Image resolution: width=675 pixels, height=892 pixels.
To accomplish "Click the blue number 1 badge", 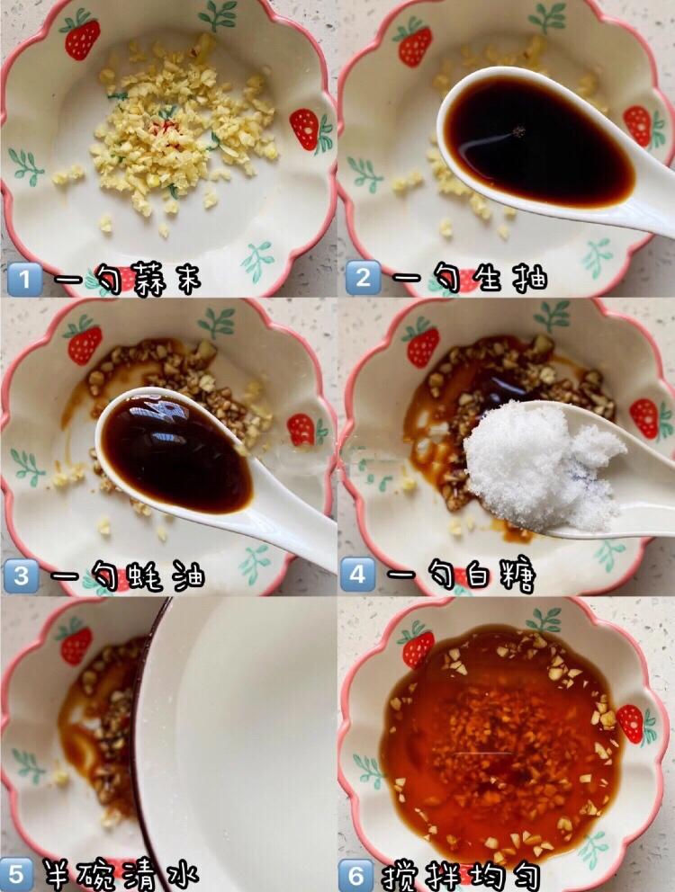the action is [24, 280].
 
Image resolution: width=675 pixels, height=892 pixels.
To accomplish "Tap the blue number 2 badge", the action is [363, 278].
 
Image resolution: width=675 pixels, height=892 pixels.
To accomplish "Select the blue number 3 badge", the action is [21, 576].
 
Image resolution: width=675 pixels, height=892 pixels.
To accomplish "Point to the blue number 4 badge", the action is [357, 575].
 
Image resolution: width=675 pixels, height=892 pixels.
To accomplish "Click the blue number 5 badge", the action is [16, 874].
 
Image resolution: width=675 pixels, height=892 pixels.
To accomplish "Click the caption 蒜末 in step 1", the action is [166, 280].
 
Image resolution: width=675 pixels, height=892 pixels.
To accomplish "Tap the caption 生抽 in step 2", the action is [511, 278].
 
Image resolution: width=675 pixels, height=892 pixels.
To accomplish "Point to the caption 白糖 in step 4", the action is [500, 575].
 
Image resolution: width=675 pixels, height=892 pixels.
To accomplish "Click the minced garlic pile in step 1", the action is [183, 128].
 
